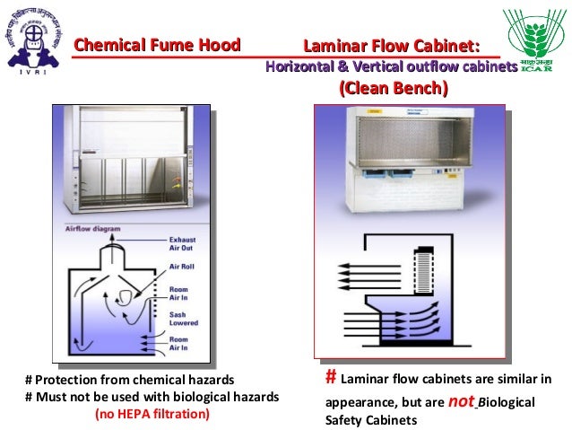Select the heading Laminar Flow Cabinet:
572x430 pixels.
point(391,46)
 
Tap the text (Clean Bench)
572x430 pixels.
point(392,89)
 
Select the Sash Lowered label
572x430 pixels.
point(184,319)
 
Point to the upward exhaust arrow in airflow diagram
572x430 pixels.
point(115,235)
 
